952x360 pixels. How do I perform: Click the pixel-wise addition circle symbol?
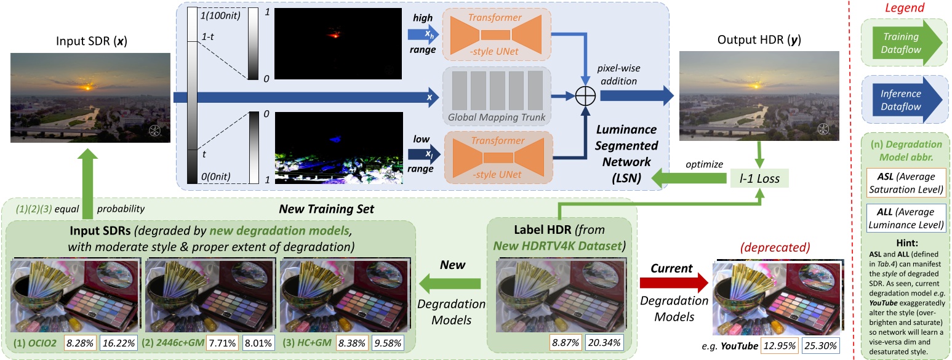[x=583, y=97]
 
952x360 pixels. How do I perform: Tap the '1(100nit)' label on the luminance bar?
[x=220, y=15]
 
